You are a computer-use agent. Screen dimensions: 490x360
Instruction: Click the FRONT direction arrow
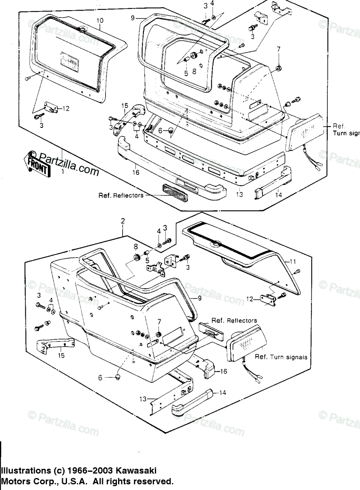click(x=39, y=164)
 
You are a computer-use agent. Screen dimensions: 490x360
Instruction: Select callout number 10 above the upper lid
click(x=101, y=20)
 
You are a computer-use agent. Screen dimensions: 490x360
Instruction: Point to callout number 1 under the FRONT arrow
click(x=63, y=173)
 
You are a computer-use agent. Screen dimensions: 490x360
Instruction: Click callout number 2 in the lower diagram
click(x=123, y=221)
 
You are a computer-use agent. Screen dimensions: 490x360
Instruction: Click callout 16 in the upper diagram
click(x=136, y=173)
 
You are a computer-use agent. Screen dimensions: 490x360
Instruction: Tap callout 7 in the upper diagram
click(x=279, y=50)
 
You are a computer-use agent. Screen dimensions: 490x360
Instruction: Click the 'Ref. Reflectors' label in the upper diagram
click(x=121, y=195)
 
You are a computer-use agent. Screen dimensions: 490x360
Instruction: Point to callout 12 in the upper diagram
click(x=66, y=109)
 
